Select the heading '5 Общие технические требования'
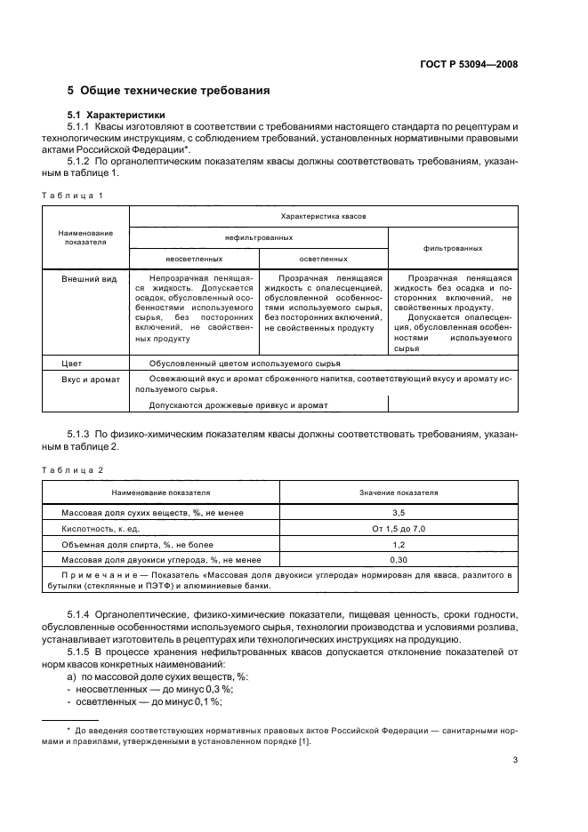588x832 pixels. [169, 91]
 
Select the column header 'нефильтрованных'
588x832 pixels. [259, 238]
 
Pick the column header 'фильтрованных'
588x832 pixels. [454, 248]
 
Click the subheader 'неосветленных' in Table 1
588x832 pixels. [194, 259]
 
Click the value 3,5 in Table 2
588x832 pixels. [399, 513]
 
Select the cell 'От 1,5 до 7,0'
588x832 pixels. [399, 529]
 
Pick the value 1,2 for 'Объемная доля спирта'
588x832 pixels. [399, 544]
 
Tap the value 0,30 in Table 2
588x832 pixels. [399, 560]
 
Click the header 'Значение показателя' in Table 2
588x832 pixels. [399, 492]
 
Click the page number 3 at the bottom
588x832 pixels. [515, 760]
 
